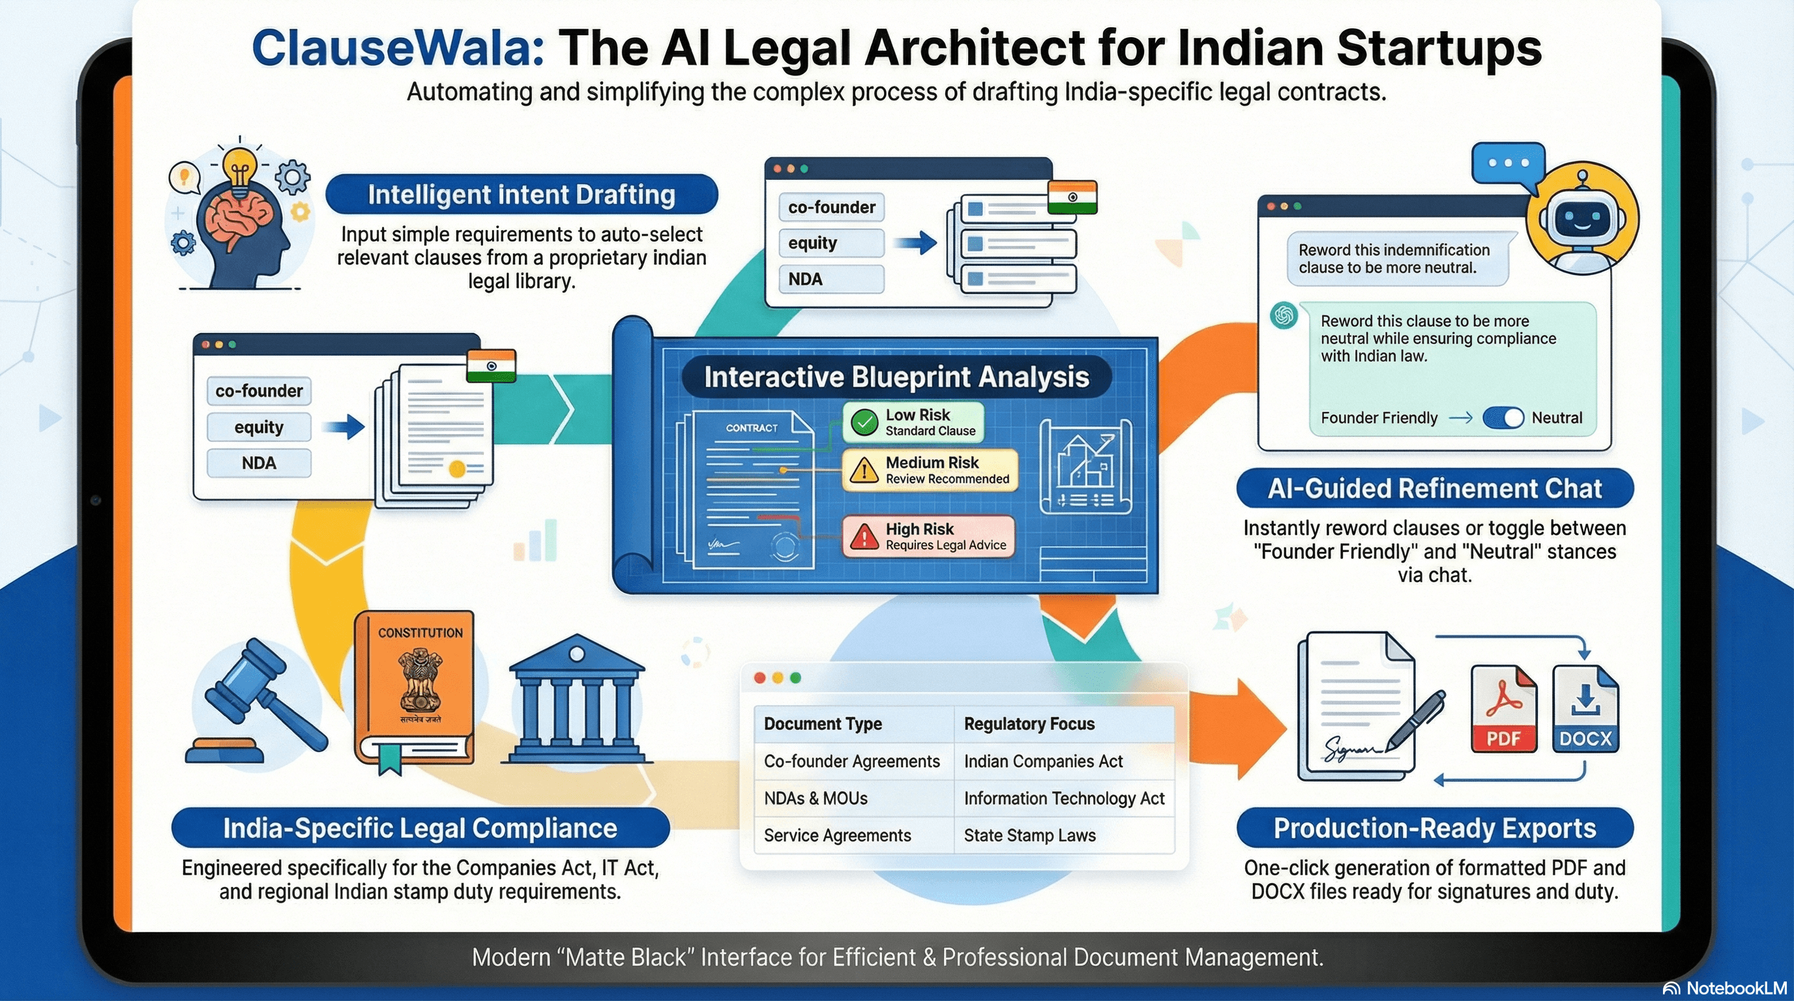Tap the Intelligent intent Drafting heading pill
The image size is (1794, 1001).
(x=521, y=194)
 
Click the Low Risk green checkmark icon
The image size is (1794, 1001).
(x=864, y=422)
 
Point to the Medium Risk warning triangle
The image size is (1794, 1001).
(x=864, y=471)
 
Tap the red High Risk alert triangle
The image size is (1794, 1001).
(x=864, y=537)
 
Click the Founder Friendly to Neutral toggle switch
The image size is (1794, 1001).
(x=1503, y=418)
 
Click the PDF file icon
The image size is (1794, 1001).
(x=1503, y=708)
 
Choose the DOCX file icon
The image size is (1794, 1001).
(x=1585, y=708)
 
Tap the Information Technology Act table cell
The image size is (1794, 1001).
(x=1063, y=798)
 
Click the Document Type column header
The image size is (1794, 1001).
(x=823, y=724)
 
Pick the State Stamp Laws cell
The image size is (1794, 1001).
(x=1029, y=835)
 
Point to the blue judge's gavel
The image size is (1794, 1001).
(x=257, y=703)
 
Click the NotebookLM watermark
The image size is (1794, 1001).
(x=1727, y=989)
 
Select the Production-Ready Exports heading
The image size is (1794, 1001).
(x=1434, y=828)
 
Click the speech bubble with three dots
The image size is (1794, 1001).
(x=1508, y=164)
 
